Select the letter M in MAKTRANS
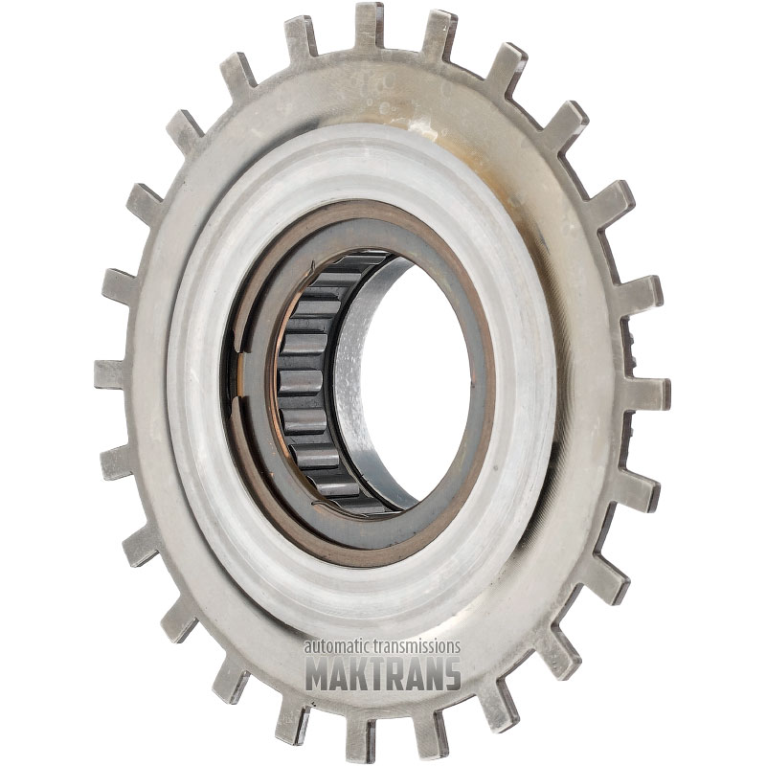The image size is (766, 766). point(319,673)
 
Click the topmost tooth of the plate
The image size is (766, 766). point(369,27)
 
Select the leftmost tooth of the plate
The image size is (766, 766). point(111,373)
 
